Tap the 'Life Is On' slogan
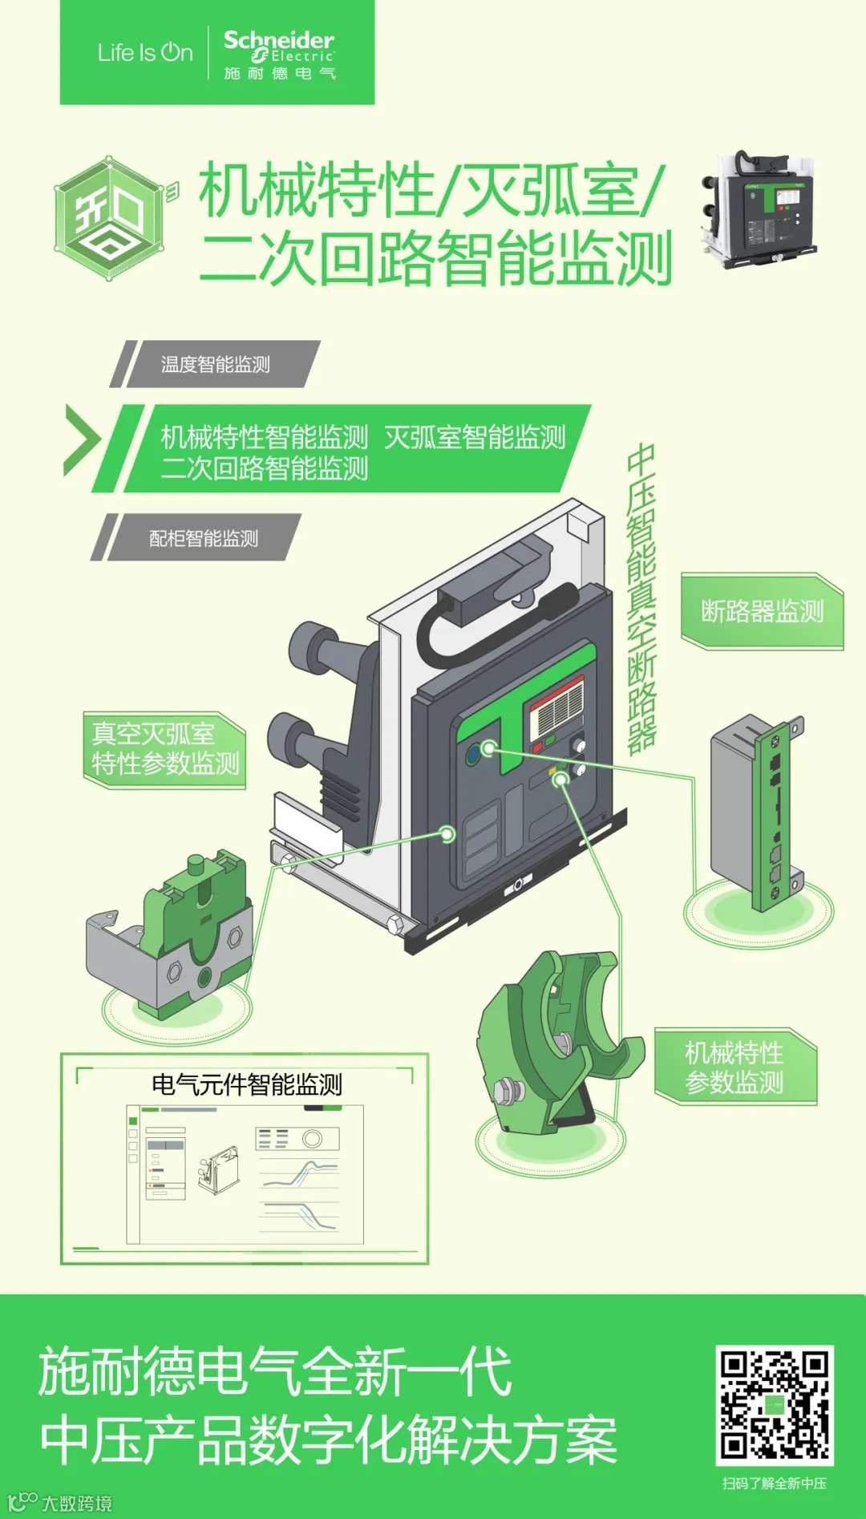pos(145,53)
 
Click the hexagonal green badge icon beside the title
pos(110,218)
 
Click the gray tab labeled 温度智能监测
pos(215,364)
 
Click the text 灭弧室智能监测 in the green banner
pos(475,437)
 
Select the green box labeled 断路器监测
pos(762,611)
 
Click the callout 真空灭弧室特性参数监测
pos(164,749)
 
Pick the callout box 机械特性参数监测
pos(735,1067)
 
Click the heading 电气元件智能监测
pos(247,1084)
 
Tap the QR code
pos(775,1405)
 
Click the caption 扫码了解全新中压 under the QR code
pos(775,1484)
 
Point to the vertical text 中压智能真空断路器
pos(641,598)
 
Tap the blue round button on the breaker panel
pos(473,754)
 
